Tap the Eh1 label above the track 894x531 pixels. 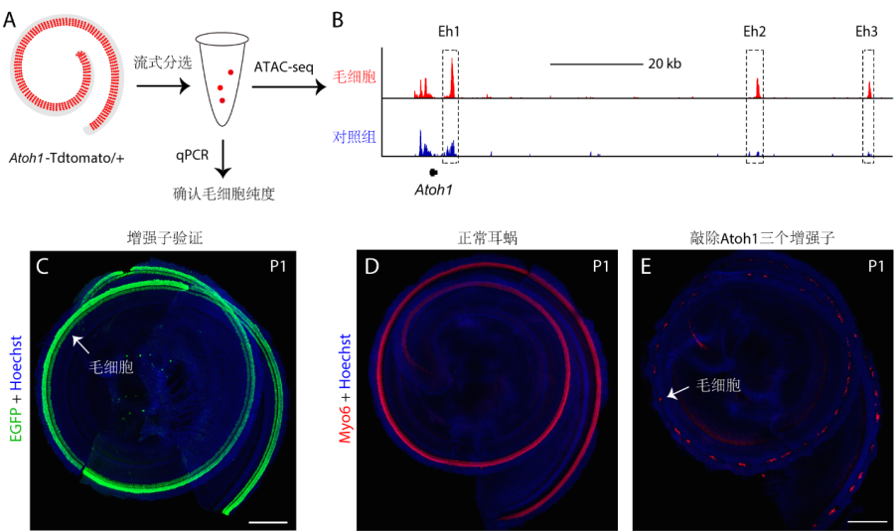pos(449,32)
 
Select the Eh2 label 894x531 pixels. pos(754,32)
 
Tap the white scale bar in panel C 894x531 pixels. pos(268,520)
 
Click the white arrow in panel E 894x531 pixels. pos(674,394)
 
